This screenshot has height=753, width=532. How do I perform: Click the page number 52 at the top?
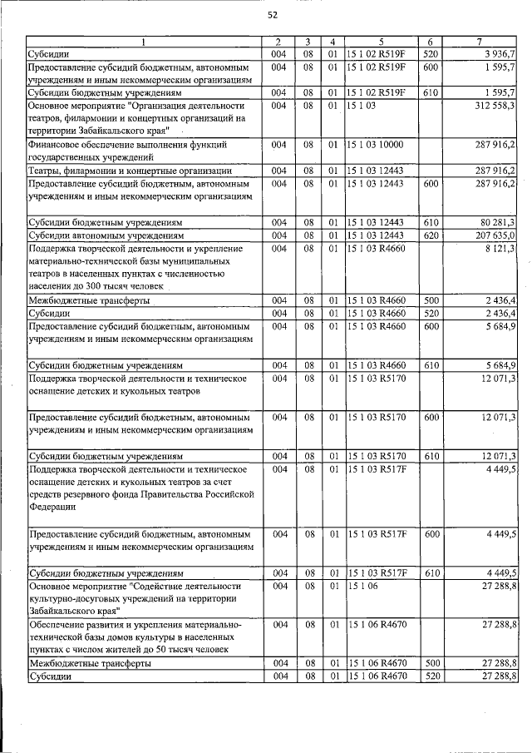tap(272, 15)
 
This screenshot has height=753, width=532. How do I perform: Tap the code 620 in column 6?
tap(430, 235)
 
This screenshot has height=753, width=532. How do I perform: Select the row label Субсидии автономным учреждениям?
tap(106, 235)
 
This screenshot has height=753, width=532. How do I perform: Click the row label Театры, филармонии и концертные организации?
tap(130, 171)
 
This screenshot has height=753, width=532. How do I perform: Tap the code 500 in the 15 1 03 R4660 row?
tap(430, 300)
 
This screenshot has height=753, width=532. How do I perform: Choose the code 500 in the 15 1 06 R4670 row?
tap(430, 664)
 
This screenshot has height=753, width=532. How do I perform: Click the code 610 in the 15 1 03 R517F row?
tap(430, 573)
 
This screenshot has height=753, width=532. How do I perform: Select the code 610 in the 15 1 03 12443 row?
tap(430, 222)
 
